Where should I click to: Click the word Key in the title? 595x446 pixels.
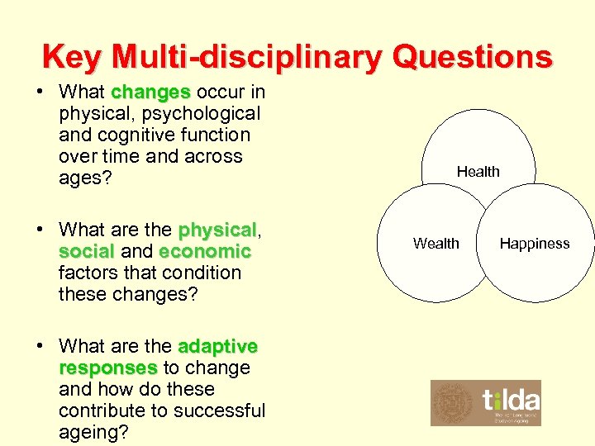(73, 57)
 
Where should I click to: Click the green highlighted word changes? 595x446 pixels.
(151, 92)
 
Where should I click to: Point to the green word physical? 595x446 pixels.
(217, 230)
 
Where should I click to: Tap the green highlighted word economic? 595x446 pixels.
(205, 251)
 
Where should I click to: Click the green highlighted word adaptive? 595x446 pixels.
(217, 346)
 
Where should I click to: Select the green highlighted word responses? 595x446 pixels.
(107, 368)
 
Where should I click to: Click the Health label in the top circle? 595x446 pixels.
(478, 172)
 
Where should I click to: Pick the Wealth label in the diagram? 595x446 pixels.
(436, 244)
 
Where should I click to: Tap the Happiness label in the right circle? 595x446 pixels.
(535, 244)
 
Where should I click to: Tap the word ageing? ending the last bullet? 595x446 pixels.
(93, 432)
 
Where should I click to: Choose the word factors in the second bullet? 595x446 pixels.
(90, 273)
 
